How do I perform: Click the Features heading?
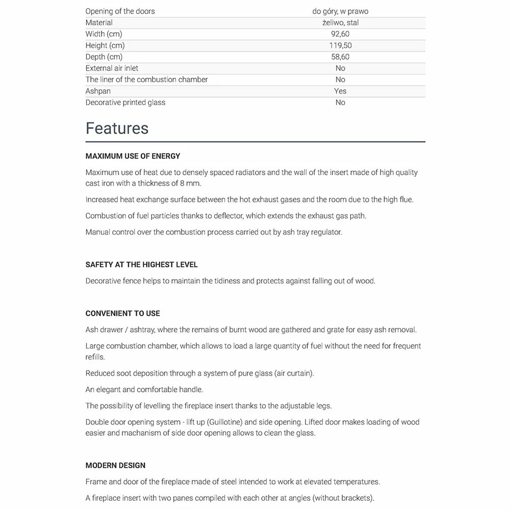coord(117,128)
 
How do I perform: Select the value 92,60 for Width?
coord(340,34)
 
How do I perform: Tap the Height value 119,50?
coord(340,45)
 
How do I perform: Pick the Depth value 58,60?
coord(340,57)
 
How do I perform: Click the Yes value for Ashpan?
coord(340,91)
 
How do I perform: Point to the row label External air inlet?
coord(112,68)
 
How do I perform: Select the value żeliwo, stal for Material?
coord(340,22)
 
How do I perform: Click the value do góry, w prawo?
coord(340,11)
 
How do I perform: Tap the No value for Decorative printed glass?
coord(340,103)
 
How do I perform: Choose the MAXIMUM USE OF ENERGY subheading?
coord(133,156)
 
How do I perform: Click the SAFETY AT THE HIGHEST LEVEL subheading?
coord(141,265)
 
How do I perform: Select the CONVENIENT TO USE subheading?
coord(122,313)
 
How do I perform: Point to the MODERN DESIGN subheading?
coord(115,465)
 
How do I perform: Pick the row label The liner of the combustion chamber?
coord(146,80)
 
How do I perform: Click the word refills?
coord(95,357)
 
